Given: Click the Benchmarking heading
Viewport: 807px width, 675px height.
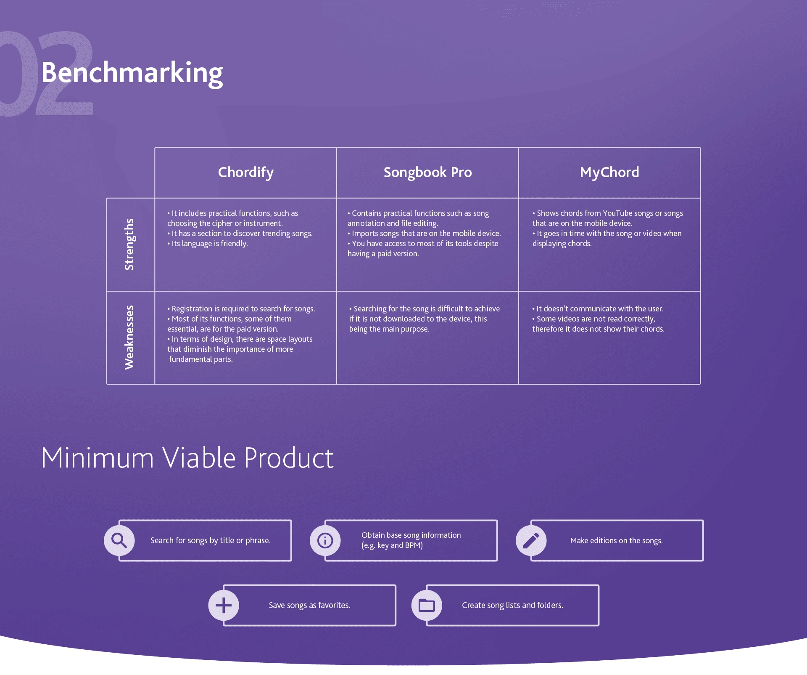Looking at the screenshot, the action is (x=132, y=73).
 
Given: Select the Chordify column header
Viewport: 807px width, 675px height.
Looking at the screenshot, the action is (x=246, y=173).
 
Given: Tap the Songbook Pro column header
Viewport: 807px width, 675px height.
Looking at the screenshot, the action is (x=427, y=173).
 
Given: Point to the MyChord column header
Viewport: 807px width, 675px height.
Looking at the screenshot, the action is (x=609, y=173).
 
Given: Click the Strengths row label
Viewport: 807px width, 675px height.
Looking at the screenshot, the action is (x=129, y=244).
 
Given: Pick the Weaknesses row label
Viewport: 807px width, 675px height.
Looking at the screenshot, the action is (x=129, y=337).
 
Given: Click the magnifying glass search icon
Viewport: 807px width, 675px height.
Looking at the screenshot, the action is (x=119, y=540).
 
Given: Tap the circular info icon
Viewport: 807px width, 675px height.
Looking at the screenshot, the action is (x=325, y=540).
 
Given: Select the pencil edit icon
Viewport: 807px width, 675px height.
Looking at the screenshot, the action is (x=531, y=540).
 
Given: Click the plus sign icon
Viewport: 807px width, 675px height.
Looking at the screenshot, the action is (x=224, y=605).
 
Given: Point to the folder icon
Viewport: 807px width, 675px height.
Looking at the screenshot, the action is (x=427, y=605).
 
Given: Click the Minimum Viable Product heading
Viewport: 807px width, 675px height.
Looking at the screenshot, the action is (x=187, y=458).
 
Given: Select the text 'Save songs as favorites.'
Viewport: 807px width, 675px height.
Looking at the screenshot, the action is (x=309, y=605).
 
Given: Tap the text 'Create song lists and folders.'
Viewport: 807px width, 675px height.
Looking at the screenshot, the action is (x=512, y=605).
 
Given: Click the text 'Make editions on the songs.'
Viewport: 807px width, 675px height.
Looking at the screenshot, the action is (x=616, y=541).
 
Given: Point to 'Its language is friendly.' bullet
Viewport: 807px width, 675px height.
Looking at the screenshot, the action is (x=208, y=244).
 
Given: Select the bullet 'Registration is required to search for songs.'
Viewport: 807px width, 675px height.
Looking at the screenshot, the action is (x=241, y=309).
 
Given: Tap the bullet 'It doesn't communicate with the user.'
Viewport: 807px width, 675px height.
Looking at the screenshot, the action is (x=598, y=309).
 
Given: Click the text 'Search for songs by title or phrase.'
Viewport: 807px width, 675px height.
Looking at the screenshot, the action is (x=210, y=541).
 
